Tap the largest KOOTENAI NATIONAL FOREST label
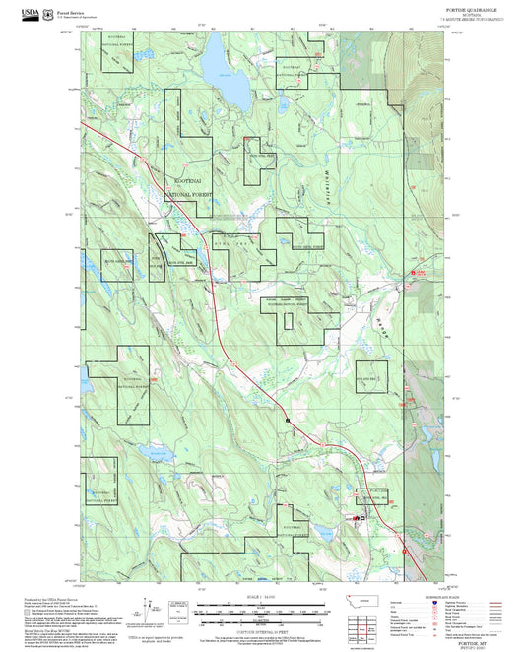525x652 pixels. tap(187, 189)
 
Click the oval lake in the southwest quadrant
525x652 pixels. tap(153, 452)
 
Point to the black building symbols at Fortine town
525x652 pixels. tap(357, 517)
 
